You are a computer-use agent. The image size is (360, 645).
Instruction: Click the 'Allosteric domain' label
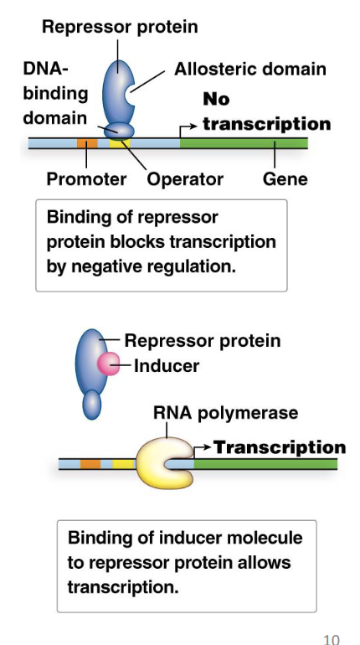[249, 69]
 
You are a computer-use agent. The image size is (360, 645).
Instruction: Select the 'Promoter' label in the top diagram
[86, 178]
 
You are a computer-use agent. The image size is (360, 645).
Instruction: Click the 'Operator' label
[185, 178]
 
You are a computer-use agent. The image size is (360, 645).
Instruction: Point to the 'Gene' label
[285, 178]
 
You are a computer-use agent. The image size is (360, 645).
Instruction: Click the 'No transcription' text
[266, 112]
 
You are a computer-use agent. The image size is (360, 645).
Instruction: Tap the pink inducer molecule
[109, 364]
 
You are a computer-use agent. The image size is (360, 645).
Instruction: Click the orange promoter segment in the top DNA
[87, 143]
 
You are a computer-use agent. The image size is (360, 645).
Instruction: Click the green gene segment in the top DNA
[243, 143]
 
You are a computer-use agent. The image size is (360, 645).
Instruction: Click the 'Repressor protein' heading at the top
[120, 27]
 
